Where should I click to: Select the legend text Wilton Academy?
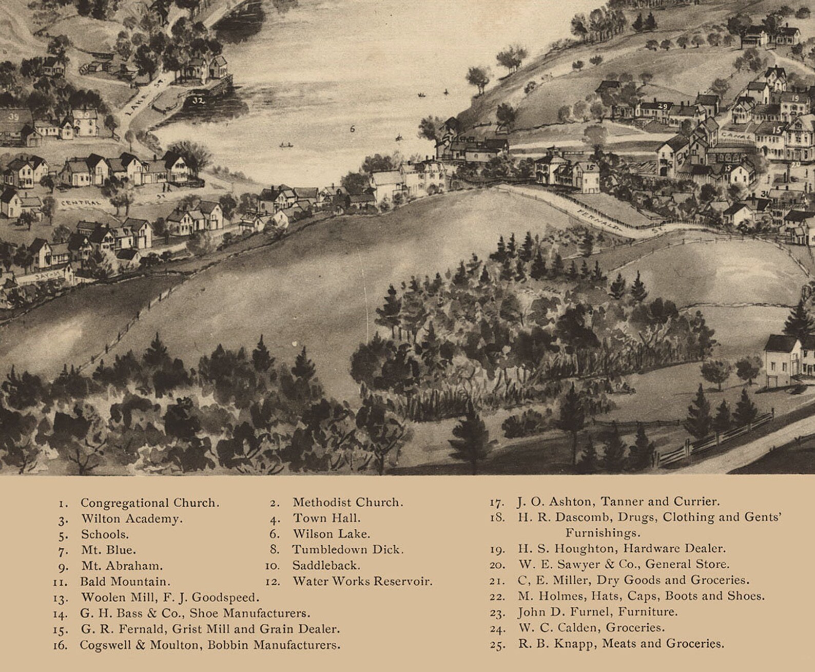click(131, 519)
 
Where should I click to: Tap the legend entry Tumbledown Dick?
click(348, 549)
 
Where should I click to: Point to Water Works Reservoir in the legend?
click(362, 581)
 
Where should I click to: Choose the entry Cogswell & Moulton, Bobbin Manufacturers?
click(209, 645)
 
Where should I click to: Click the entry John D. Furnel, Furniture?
click(597, 612)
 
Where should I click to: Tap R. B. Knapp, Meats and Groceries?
click(621, 643)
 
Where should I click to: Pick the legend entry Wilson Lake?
click(332, 534)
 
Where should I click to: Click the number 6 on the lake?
click(352, 129)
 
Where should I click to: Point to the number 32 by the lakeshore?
click(198, 101)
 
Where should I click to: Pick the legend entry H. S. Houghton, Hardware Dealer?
click(622, 548)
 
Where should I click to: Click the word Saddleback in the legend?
click(326, 565)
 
